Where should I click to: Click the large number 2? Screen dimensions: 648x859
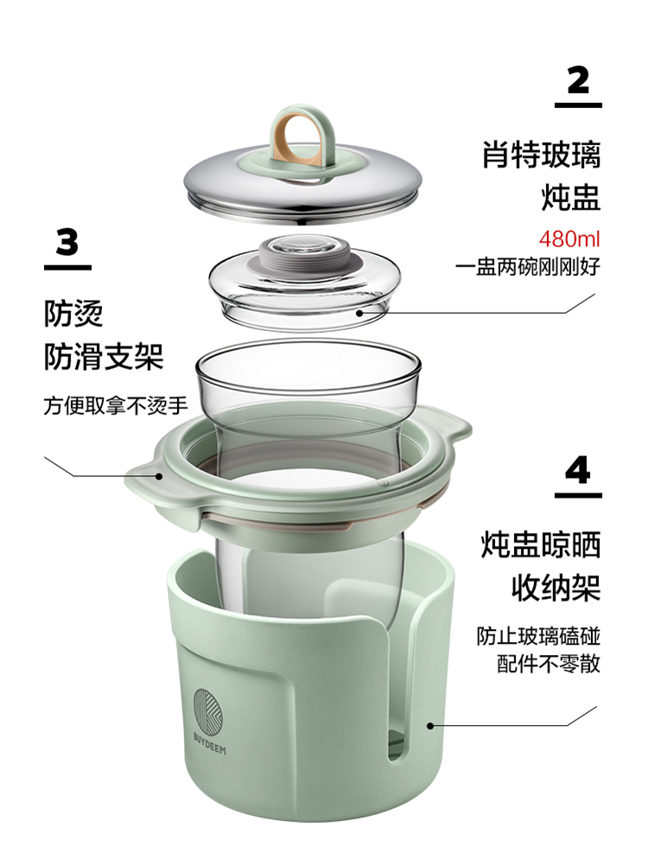[578, 80]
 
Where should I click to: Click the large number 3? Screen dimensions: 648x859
[67, 242]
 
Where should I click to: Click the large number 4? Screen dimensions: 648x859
[578, 469]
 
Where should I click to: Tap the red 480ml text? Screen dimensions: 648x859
[569, 239]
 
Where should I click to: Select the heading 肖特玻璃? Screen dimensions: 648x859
[541, 155]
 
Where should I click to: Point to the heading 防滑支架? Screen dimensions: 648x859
[104, 357]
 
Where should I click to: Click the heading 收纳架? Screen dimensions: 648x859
[556, 587]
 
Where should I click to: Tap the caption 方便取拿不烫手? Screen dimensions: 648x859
[116, 405]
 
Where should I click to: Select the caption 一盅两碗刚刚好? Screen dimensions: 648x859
[528, 267]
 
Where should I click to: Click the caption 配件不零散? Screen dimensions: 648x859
[549, 664]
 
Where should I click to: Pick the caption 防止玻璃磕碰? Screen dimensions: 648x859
[538, 636]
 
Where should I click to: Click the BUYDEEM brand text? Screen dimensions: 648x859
[209, 742]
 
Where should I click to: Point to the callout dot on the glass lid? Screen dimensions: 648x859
[359, 313]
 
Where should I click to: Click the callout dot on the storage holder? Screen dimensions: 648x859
[430, 725]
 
